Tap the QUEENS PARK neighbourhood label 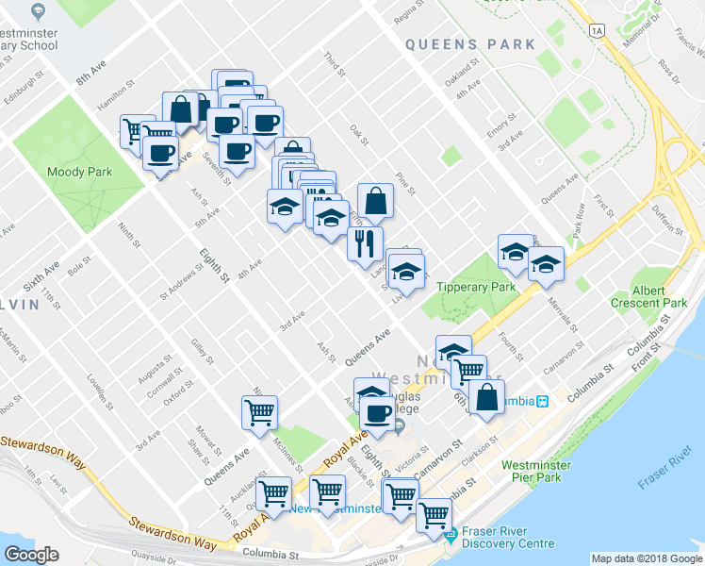click(x=470, y=44)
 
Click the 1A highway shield click(x=597, y=31)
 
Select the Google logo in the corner click(x=31, y=555)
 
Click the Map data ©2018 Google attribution click(x=647, y=558)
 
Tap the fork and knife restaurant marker click(x=364, y=242)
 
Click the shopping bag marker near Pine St click(x=375, y=200)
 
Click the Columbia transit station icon click(x=543, y=401)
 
